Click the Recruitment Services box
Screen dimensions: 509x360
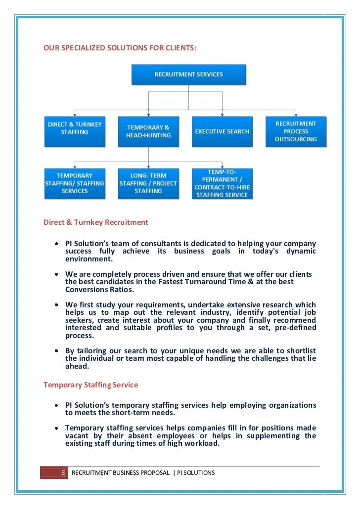pyautogui.click(x=188, y=75)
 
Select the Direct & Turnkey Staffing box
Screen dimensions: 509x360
pyautogui.click(x=75, y=131)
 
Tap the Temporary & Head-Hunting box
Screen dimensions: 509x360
pyautogui.click(x=148, y=131)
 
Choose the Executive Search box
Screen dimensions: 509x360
pyautogui.click(x=222, y=131)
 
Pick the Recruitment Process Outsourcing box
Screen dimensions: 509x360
pyautogui.click(x=296, y=131)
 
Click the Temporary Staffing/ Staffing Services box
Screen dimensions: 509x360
pyautogui.click(x=75, y=183)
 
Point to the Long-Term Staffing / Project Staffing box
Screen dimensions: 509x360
pyautogui.click(x=148, y=183)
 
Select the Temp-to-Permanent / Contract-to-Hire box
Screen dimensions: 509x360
pyautogui.click(x=222, y=183)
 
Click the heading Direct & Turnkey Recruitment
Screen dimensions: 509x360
pyautogui.click(x=96, y=222)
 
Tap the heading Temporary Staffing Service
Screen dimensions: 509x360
pyautogui.click(x=91, y=384)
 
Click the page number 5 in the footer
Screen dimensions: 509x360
pyautogui.click(x=63, y=473)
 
